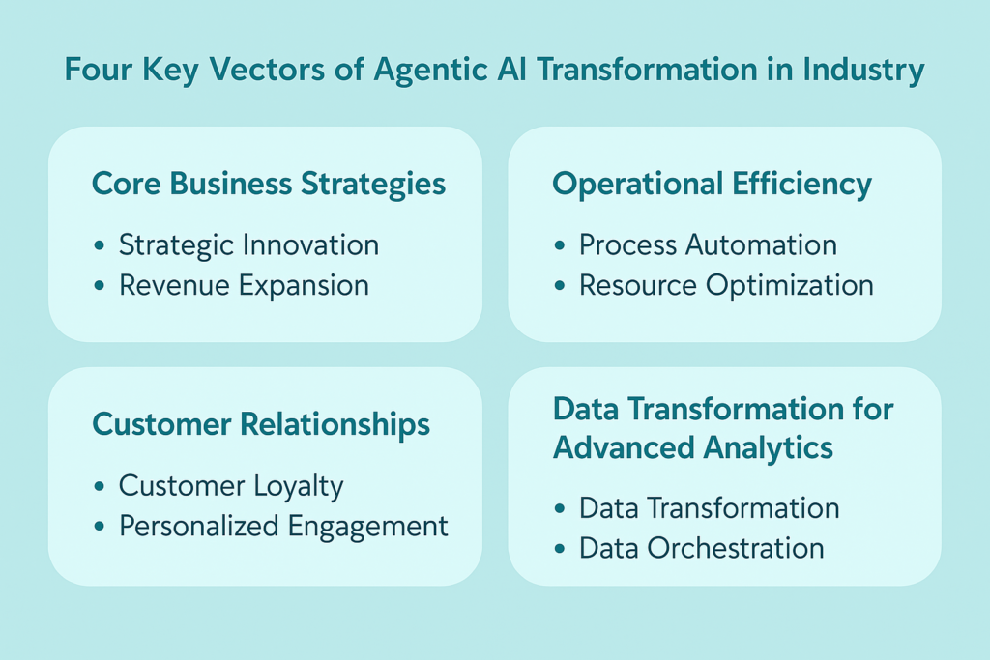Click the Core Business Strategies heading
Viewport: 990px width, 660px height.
point(269,185)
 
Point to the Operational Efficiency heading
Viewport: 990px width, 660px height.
point(712,185)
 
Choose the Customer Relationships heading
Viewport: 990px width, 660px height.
point(261,424)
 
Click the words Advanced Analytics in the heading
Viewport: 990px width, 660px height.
point(692,448)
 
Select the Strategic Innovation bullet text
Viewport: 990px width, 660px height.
point(248,245)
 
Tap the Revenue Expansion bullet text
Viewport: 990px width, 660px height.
point(244,286)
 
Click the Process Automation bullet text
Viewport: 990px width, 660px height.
point(708,245)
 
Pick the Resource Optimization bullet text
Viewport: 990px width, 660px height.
point(726,286)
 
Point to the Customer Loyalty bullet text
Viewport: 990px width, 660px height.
point(231,486)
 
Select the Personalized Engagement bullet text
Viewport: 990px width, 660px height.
point(283,527)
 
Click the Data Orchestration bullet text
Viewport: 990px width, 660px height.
point(702,548)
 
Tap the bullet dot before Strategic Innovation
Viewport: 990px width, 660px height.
point(100,245)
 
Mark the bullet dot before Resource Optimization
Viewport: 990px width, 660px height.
point(560,286)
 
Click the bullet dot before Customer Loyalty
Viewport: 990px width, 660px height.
point(100,486)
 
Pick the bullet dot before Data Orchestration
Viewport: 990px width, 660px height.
point(560,548)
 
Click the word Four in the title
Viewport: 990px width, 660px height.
point(98,70)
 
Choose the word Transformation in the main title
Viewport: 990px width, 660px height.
point(648,70)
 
